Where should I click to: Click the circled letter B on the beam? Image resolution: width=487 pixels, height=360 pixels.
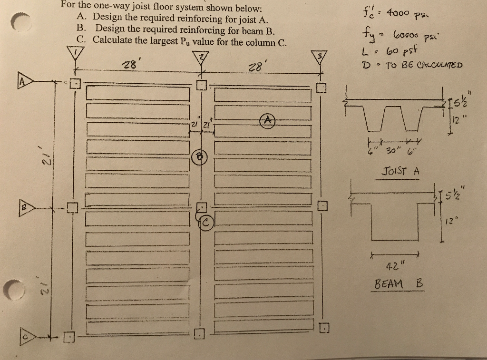coord(199,157)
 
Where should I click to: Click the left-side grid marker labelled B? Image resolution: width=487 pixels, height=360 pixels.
coord(25,208)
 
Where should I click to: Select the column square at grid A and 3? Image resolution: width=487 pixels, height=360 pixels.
coord(321,88)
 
